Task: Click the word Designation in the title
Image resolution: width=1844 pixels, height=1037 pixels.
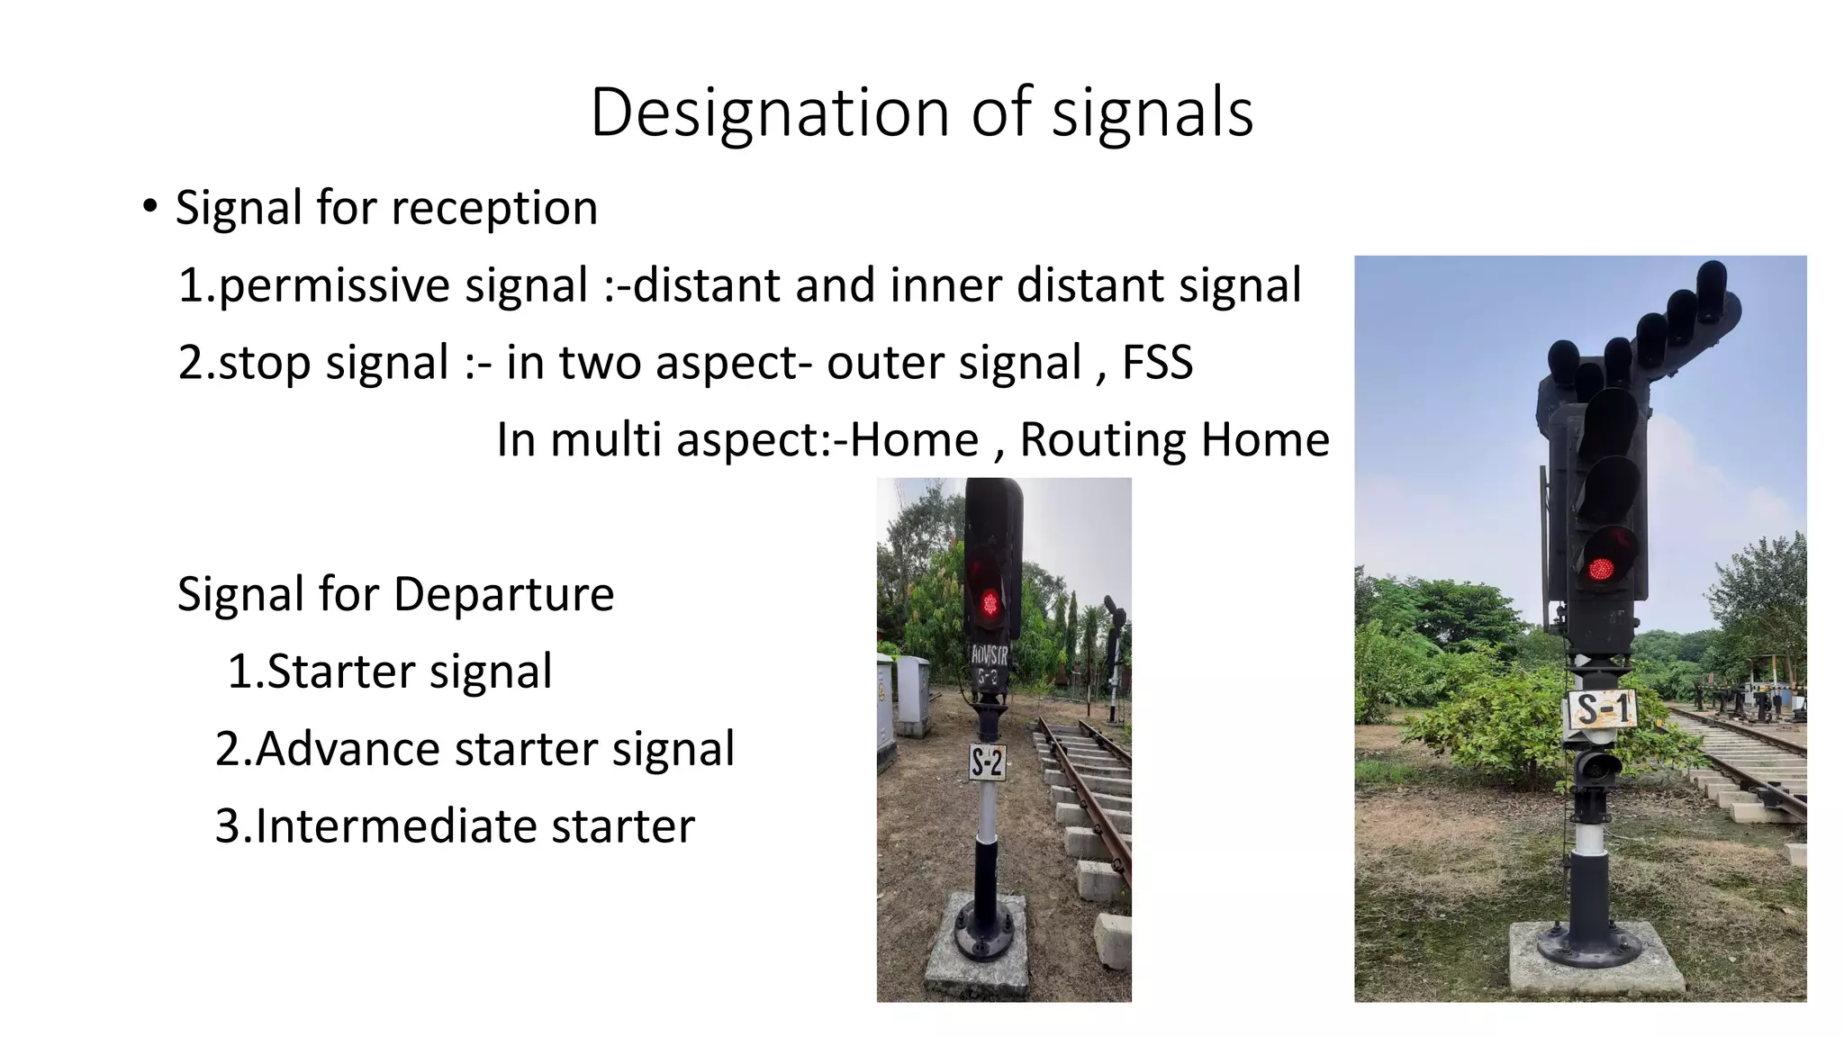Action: coord(771,113)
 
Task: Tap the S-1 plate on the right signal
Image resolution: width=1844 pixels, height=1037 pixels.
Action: coord(1603,709)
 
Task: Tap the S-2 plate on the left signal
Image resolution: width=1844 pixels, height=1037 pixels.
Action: coord(987,763)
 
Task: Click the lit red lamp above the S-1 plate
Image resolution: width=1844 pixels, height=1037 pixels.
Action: coord(1601,568)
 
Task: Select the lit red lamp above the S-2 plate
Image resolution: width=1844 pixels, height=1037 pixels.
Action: coord(990,602)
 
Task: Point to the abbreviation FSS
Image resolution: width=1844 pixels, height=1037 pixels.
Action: coord(1157,362)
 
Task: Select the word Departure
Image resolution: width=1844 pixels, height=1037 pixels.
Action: coord(503,594)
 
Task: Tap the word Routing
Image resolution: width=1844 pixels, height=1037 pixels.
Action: coord(1102,439)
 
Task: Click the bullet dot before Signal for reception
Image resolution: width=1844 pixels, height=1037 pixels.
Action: coord(149,207)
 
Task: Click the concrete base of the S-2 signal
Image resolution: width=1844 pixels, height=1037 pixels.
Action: coord(978,954)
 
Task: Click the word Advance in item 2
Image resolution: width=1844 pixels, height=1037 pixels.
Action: coord(347,748)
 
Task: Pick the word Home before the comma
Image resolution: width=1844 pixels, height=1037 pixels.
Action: coord(914,439)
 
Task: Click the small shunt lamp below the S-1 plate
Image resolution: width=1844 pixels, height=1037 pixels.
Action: coord(1597,767)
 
